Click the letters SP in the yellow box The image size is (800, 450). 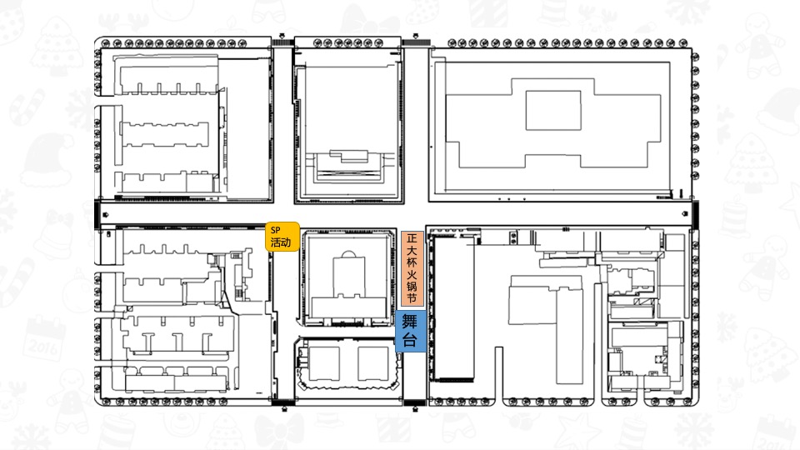[x=276, y=230]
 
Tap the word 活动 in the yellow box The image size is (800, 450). [x=281, y=242]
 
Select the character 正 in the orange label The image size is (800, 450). [x=412, y=239]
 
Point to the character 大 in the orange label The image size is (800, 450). [x=412, y=251]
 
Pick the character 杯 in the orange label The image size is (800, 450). [x=412, y=262]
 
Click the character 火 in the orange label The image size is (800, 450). [x=412, y=274]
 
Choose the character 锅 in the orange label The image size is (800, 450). [x=412, y=286]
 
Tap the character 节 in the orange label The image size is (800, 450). [x=412, y=297]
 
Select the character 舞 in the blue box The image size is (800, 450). [x=410, y=322]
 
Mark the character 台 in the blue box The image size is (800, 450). [x=410, y=340]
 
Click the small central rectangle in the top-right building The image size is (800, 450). [x=553, y=110]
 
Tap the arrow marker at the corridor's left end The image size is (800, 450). [x=106, y=214]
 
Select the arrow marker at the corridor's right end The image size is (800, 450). [x=685, y=214]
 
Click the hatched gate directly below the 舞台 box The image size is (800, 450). [x=415, y=402]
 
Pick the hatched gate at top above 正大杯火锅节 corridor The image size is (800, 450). [x=416, y=42]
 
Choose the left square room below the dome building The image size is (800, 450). [x=324, y=363]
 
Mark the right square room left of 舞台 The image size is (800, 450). [x=373, y=363]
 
